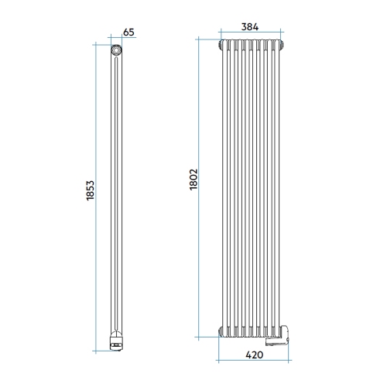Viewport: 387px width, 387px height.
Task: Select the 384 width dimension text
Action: pos(249,26)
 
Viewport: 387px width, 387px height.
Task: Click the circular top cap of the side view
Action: pos(116,49)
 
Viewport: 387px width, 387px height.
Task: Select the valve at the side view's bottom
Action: pos(115,338)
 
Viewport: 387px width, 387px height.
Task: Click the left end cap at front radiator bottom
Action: pos(224,331)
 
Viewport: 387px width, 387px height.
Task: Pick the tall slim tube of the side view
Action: pos(116,193)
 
